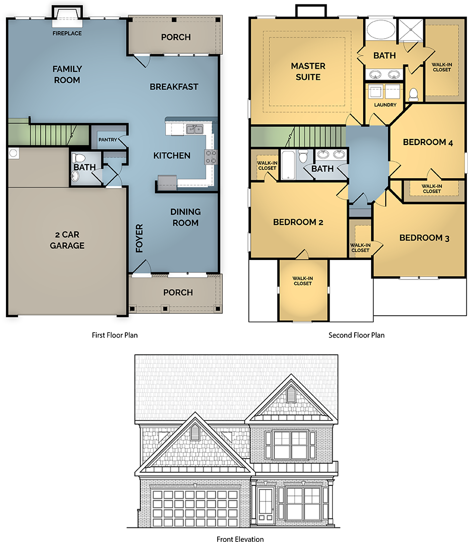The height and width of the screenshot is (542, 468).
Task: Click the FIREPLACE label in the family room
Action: [67, 34]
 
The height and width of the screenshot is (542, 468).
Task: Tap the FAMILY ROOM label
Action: [67, 74]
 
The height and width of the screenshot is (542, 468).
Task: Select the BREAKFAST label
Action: [174, 87]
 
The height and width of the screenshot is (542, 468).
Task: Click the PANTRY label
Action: [107, 140]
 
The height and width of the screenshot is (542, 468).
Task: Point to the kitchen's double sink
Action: [195, 129]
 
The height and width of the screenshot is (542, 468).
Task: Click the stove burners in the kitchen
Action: [211, 157]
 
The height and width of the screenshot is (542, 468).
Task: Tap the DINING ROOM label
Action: [185, 217]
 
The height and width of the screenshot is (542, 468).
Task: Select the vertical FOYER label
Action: [139, 238]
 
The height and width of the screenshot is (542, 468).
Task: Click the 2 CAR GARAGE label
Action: [67, 240]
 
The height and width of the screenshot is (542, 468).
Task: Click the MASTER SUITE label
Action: [308, 71]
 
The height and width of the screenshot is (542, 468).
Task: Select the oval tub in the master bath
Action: [381, 30]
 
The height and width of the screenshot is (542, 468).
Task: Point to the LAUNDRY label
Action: [385, 105]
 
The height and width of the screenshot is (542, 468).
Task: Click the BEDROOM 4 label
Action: [428, 143]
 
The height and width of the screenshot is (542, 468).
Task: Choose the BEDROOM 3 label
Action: [424, 238]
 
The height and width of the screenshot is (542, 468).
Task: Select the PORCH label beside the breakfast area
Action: [176, 37]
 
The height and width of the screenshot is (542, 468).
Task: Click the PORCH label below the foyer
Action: [178, 293]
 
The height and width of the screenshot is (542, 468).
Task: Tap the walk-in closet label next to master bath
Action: [441, 67]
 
